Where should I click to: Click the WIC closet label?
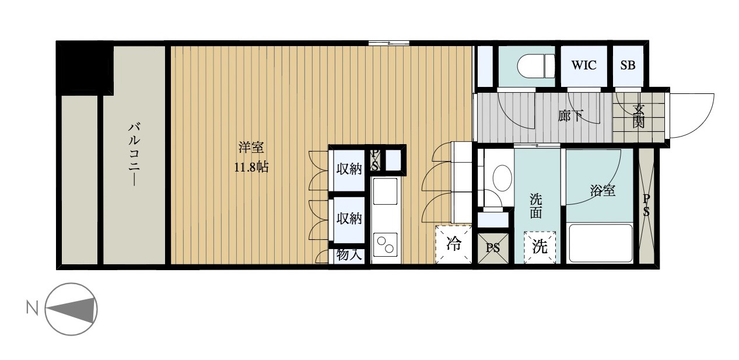click(x=584, y=65)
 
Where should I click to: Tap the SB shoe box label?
click(x=628, y=65)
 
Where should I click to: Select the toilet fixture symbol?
click(x=536, y=67)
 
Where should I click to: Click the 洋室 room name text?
click(x=251, y=148)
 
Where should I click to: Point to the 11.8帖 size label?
click(x=251, y=167)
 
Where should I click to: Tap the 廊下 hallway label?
click(x=570, y=116)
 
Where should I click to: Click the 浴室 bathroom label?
click(x=603, y=190)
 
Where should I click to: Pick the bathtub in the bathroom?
click(x=600, y=243)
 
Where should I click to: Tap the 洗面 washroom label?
click(x=536, y=207)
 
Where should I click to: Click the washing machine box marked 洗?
click(x=540, y=247)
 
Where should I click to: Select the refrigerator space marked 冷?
click(x=454, y=244)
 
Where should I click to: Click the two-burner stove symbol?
click(x=385, y=244)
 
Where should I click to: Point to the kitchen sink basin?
click(x=385, y=191)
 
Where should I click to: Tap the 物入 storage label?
click(x=349, y=255)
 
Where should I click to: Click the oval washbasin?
click(x=502, y=177)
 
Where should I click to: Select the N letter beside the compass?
click(x=32, y=309)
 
